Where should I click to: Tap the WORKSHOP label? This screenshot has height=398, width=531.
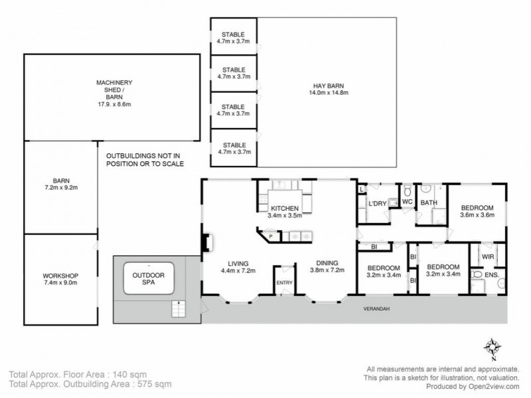[60, 275]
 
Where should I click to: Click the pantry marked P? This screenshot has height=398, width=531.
[270, 235]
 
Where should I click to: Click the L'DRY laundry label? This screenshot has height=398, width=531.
[376, 204]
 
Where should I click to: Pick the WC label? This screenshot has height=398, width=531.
[408, 200]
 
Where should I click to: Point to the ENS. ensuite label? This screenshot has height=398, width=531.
[491, 274]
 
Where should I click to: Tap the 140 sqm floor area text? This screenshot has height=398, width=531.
[128, 374]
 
